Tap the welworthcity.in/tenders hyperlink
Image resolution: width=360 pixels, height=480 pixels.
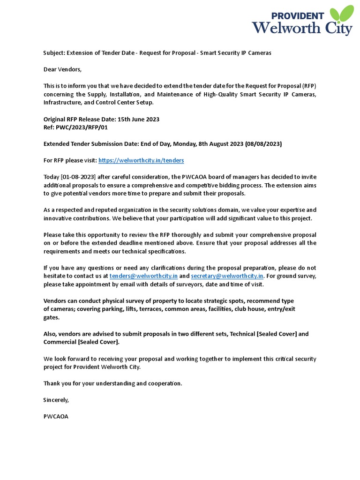tap(141, 160)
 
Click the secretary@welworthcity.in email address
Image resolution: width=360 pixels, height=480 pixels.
tap(227, 276)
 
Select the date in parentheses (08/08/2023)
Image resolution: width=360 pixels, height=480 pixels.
tap(263, 144)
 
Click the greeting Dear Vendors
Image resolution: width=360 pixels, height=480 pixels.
tap(62, 69)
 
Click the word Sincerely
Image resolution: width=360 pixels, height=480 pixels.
tap(56, 400)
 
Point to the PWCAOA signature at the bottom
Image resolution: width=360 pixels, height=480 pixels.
tap(56, 416)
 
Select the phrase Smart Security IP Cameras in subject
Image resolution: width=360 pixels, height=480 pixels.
tap(236, 53)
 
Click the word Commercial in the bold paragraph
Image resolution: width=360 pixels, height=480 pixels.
tap(60, 342)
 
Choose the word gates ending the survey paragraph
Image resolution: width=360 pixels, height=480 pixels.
tap(51, 317)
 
